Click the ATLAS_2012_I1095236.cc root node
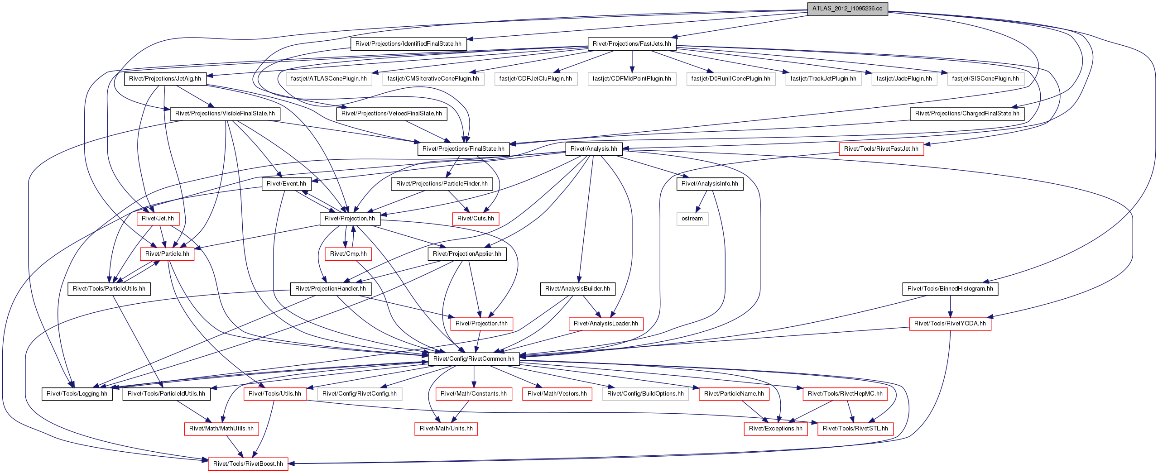847,9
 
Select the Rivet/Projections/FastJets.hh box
632,44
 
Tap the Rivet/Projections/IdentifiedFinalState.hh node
408,44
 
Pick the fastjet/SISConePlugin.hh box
985,79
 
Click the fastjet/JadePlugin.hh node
904,79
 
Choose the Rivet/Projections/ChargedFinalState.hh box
967,114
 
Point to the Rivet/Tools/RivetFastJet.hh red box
881,149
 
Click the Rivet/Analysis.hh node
594,149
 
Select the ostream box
692,219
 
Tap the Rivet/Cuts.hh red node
476,219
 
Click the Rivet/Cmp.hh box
348,254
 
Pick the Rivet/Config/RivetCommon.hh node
474,359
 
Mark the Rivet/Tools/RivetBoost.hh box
248,464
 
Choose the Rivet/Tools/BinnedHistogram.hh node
950,289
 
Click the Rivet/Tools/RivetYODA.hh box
950,324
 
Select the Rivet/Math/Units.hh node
446,429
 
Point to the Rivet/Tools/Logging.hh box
77,394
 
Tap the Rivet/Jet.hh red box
158,219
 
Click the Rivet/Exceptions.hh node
775,429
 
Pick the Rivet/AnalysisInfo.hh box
710,184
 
